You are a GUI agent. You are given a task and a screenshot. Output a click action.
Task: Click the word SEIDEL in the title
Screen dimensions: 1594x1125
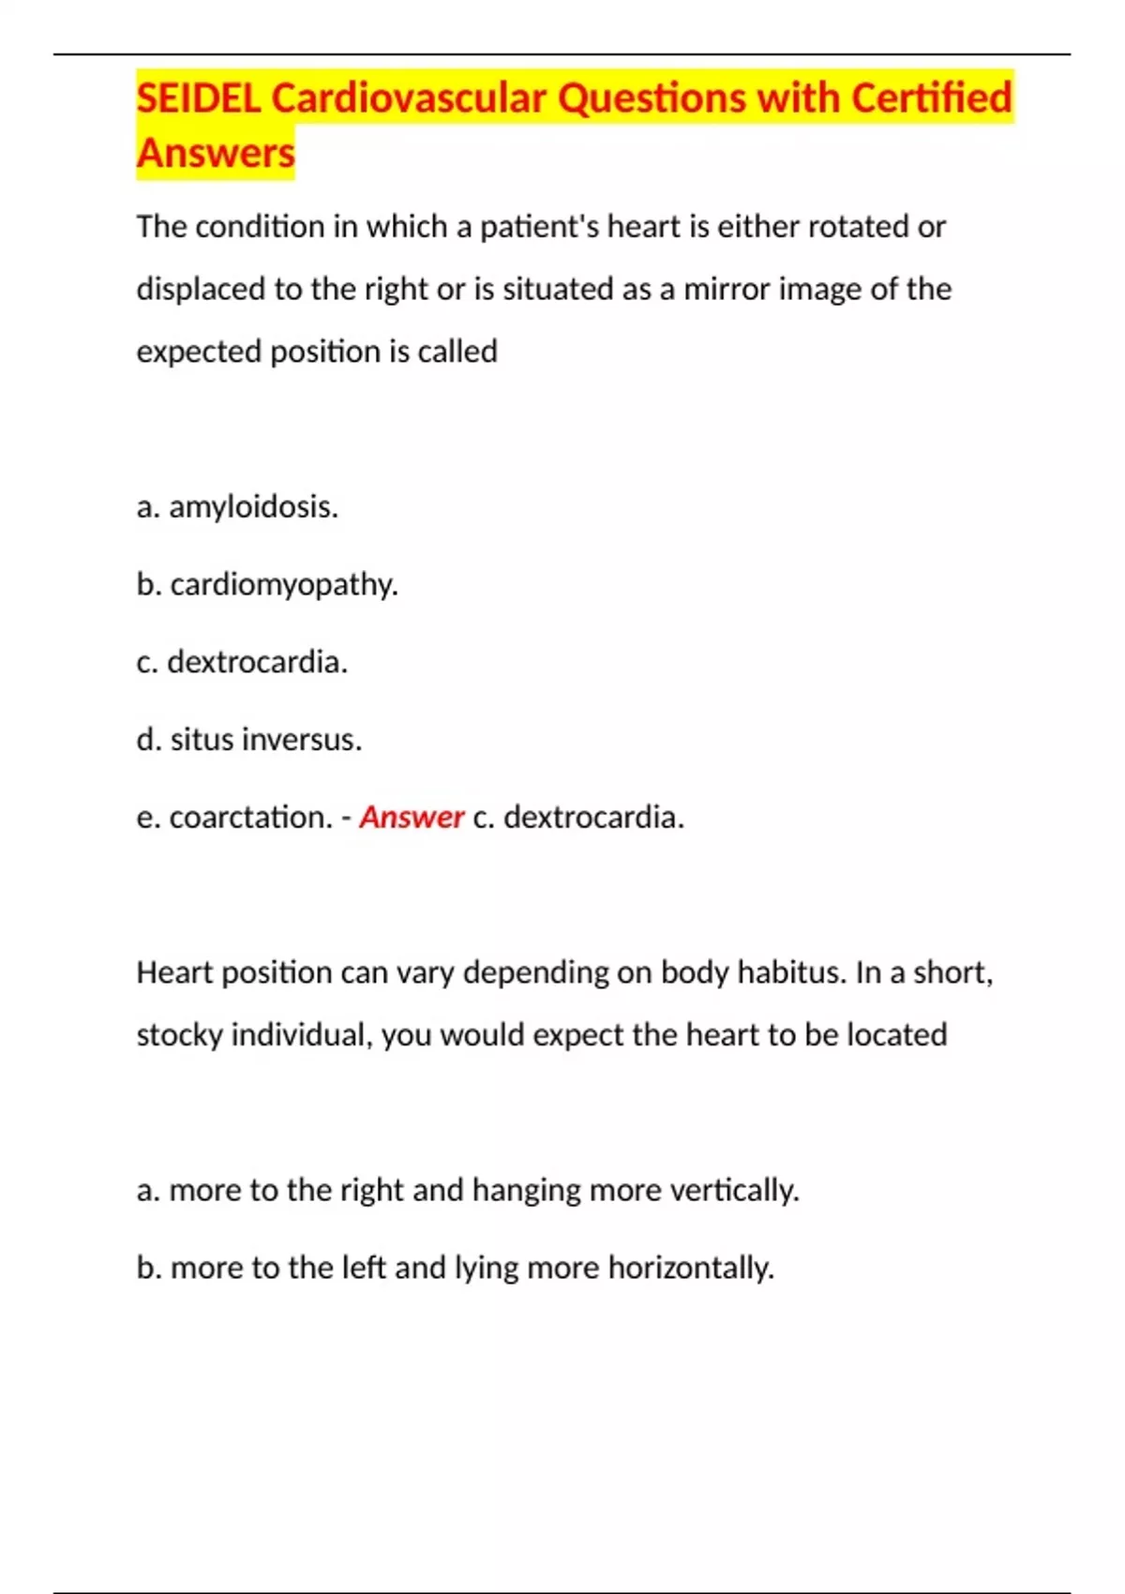(198, 98)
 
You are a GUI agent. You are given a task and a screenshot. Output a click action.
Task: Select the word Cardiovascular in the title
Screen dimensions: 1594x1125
(409, 98)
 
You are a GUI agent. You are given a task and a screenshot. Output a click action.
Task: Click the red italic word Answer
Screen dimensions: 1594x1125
(412, 818)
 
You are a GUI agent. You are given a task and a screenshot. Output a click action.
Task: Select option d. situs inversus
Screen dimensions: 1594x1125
(249, 740)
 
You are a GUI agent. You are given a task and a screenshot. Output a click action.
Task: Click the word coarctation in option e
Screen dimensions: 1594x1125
(250, 818)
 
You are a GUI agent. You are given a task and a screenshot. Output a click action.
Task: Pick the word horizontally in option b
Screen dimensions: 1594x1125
(691, 1269)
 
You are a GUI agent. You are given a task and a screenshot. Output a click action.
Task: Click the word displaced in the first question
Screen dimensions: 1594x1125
(201, 289)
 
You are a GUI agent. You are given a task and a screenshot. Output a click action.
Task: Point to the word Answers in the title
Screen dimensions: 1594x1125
(216, 153)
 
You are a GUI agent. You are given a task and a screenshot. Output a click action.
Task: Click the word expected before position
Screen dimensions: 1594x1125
(199, 352)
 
